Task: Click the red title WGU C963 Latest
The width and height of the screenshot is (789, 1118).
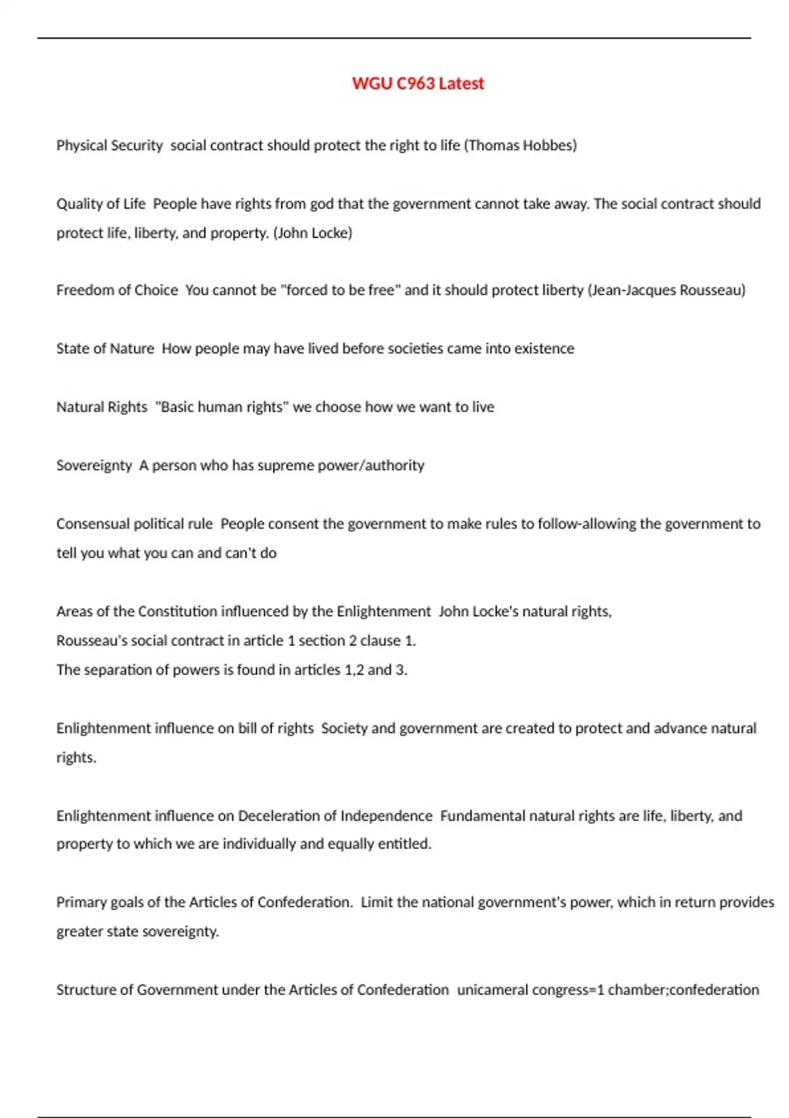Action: pyautogui.click(x=418, y=84)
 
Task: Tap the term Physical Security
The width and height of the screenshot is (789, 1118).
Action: pyautogui.click(x=109, y=145)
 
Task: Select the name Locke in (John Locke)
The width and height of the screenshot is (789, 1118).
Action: pyautogui.click(x=331, y=233)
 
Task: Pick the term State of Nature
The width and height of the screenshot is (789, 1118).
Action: pyautogui.click(x=105, y=349)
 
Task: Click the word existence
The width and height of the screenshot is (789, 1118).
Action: pyautogui.click(x=544, y=349)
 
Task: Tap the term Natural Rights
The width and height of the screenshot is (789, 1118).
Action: pyautogui.click(x=102, y=407)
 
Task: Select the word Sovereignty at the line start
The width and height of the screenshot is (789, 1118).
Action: pyautogui.click(x=94, y=466)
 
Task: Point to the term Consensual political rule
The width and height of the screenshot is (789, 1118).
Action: pyautogui.click(x=134, y=524)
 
